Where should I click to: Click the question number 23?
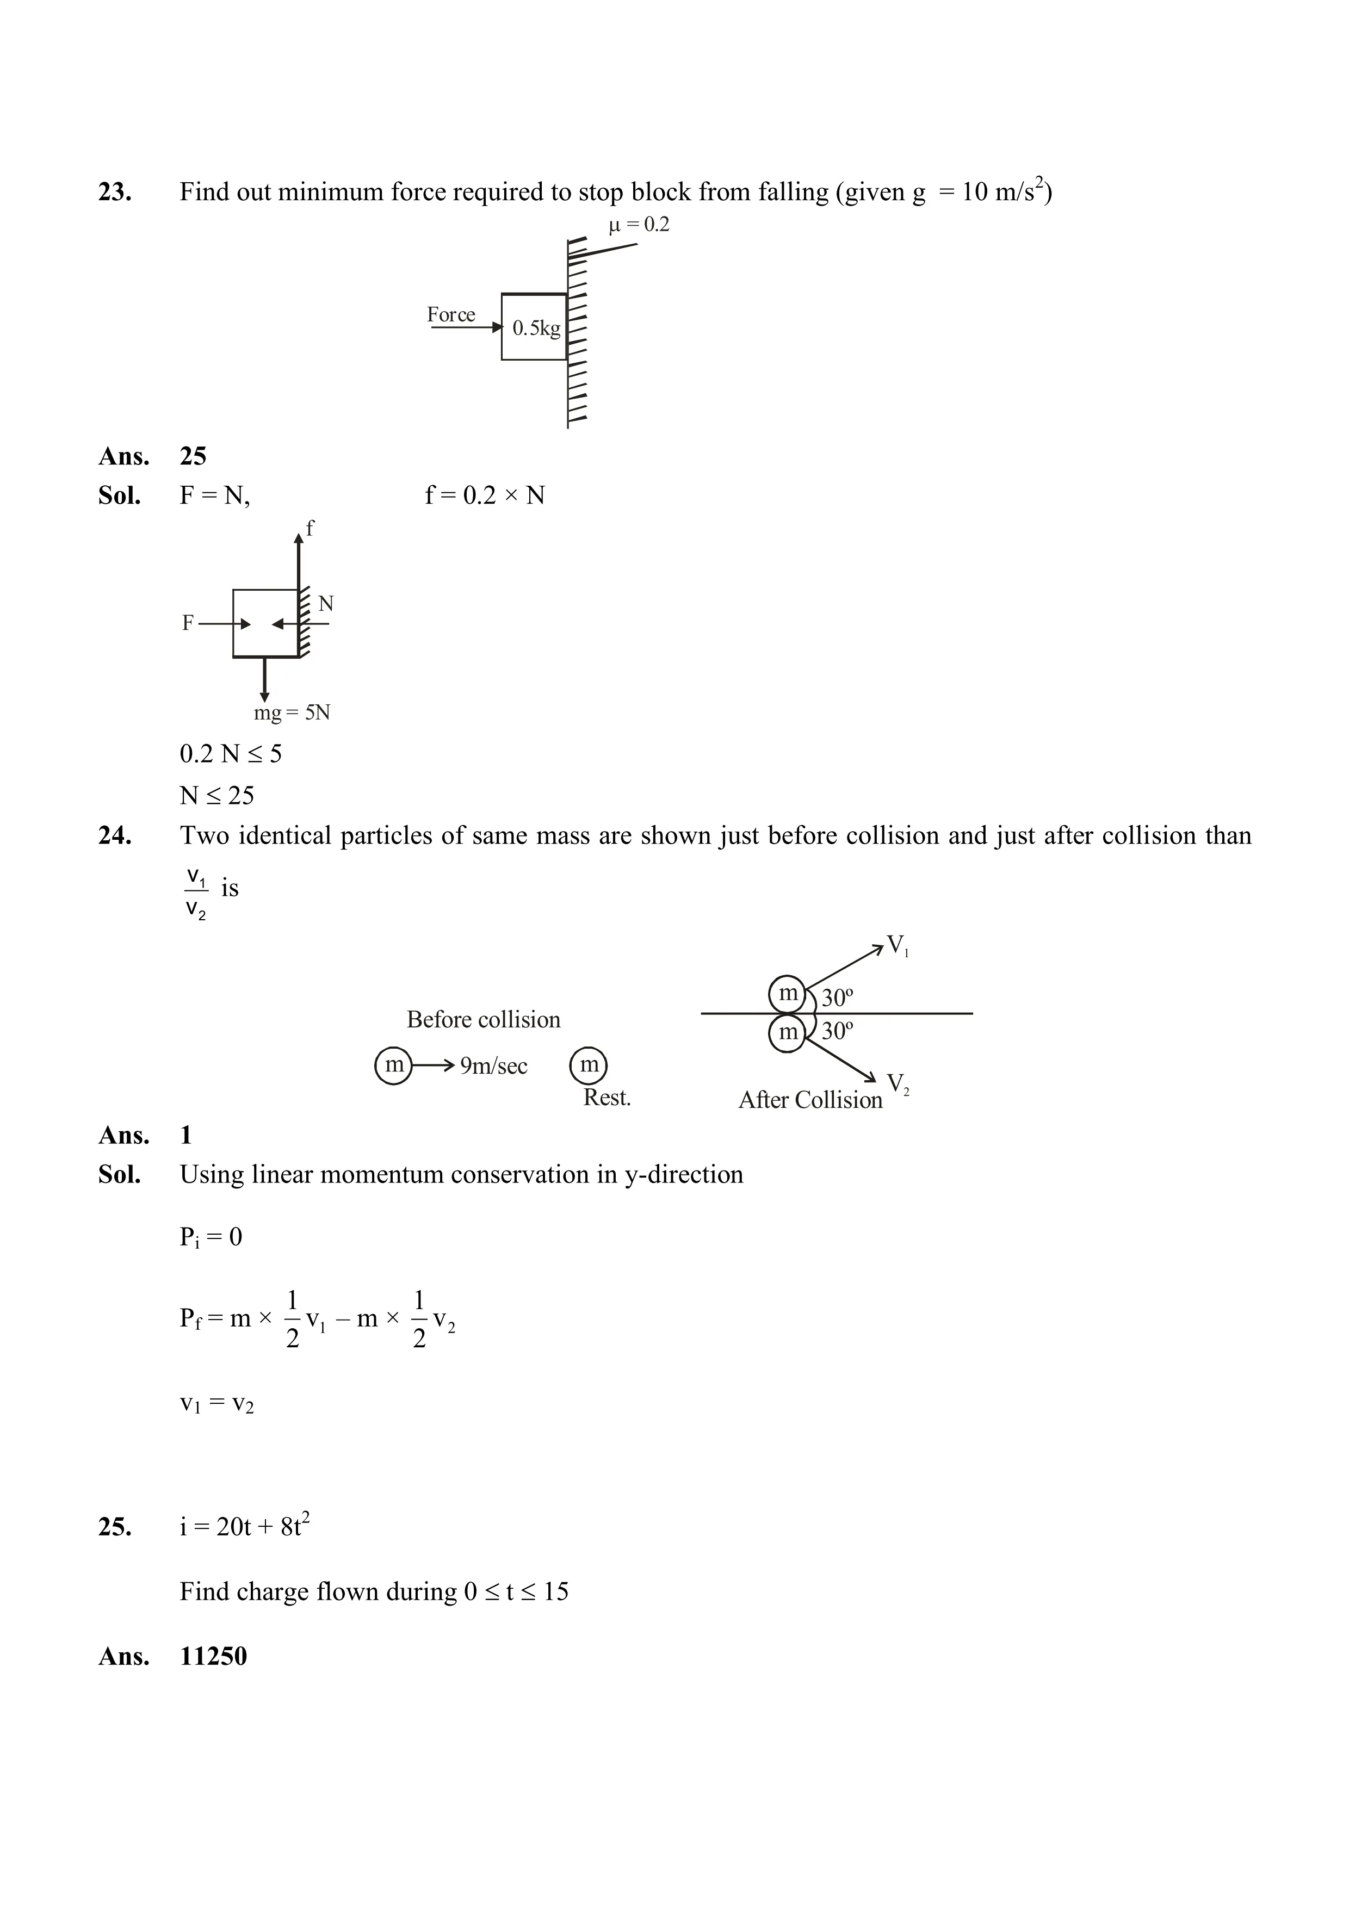coord(115,192)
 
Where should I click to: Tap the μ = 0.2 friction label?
coord(639,225)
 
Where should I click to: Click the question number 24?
coord(115,835)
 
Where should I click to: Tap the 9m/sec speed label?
coord(494,1066)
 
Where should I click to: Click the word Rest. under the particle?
coord(607,1098)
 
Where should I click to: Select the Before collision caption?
coord(483,1020)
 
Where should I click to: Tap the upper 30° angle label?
coord(838,997)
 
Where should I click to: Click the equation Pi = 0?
coord(211,1237)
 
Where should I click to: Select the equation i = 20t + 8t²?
coord(244,1527)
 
